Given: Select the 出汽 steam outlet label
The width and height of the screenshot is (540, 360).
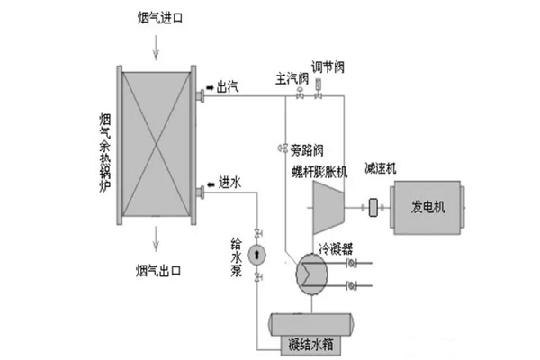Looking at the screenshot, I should [228, 87].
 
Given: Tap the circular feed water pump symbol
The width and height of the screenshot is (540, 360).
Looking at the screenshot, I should [258, 254].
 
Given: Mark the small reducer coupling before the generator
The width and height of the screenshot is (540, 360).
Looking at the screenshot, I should [372, 208].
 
